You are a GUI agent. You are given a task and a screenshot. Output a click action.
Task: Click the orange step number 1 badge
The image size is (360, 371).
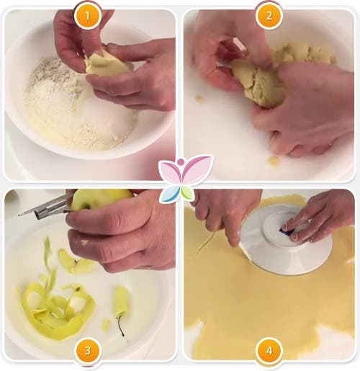pyautogui.click(x=87, y=16)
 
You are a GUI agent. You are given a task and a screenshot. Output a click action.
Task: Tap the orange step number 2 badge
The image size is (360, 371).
pyautogui.click(x=269, y=16)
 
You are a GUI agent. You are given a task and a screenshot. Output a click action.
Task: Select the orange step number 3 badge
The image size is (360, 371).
pyautogui.click(x=87, y=351)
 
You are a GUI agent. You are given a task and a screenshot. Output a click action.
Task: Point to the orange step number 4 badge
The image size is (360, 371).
pyautogui.click(x=269, y=351)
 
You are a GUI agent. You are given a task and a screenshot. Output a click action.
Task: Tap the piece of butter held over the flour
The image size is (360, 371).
pyautogui.click(x=106, y=63)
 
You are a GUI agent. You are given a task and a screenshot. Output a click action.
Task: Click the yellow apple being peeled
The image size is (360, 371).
pyautogui.click(x=101, y=199)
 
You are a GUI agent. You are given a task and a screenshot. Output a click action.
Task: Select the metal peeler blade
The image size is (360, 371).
pyautogui.click(x=45, y=207)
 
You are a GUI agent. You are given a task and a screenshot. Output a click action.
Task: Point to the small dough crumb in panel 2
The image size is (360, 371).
pyautogui.click(x=274, y=160)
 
